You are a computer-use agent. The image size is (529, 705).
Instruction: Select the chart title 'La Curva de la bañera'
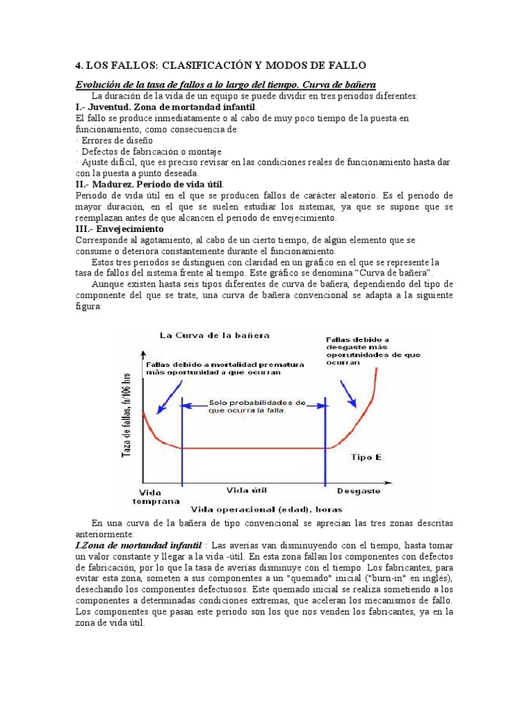(x=214, y=335)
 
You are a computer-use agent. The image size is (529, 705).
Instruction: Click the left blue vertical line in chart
(x=182, y=441)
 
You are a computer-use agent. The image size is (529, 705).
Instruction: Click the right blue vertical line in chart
(x=325, y=441)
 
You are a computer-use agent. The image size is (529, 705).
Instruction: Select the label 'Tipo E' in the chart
(x=366, y=457)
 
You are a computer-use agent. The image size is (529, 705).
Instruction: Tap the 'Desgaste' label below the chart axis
(x=358, y=491)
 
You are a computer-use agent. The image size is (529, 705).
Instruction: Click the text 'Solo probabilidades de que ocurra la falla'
(x=256, y=406)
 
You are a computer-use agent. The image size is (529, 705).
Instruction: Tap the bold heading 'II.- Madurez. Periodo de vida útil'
(x=149, y=185)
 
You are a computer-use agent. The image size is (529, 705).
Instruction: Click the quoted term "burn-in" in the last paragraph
(x=371, y=578)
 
